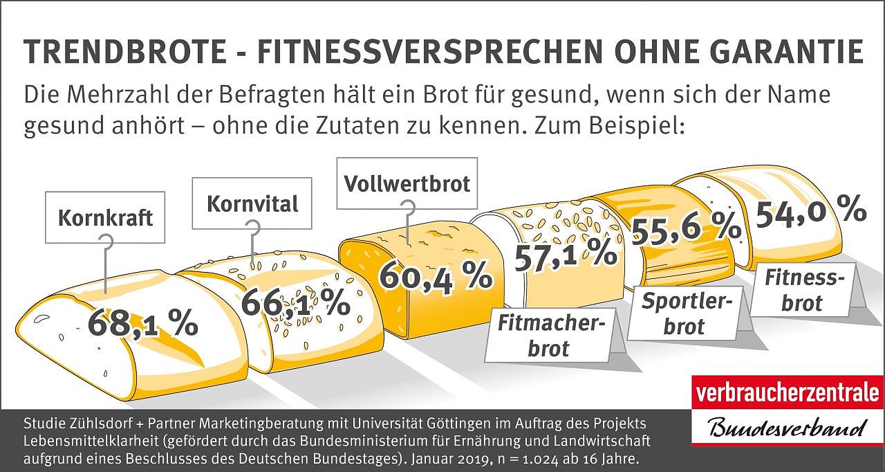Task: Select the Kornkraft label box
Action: [x=105, y=217]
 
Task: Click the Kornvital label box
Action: [x=252, y=203]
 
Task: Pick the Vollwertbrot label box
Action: [x=407, y=183]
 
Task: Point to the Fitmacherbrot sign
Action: [x=547, y=336]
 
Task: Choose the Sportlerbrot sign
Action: [x=683, y=314]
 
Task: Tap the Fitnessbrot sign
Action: [x=804, y=291]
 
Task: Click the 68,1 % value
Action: [x=143, y=323]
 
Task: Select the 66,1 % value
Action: [x=295, y=302]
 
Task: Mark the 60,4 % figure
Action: [x=436, y=276]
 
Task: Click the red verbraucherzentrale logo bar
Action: [x=788, y=392]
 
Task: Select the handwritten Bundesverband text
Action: [x=788, y=427]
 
